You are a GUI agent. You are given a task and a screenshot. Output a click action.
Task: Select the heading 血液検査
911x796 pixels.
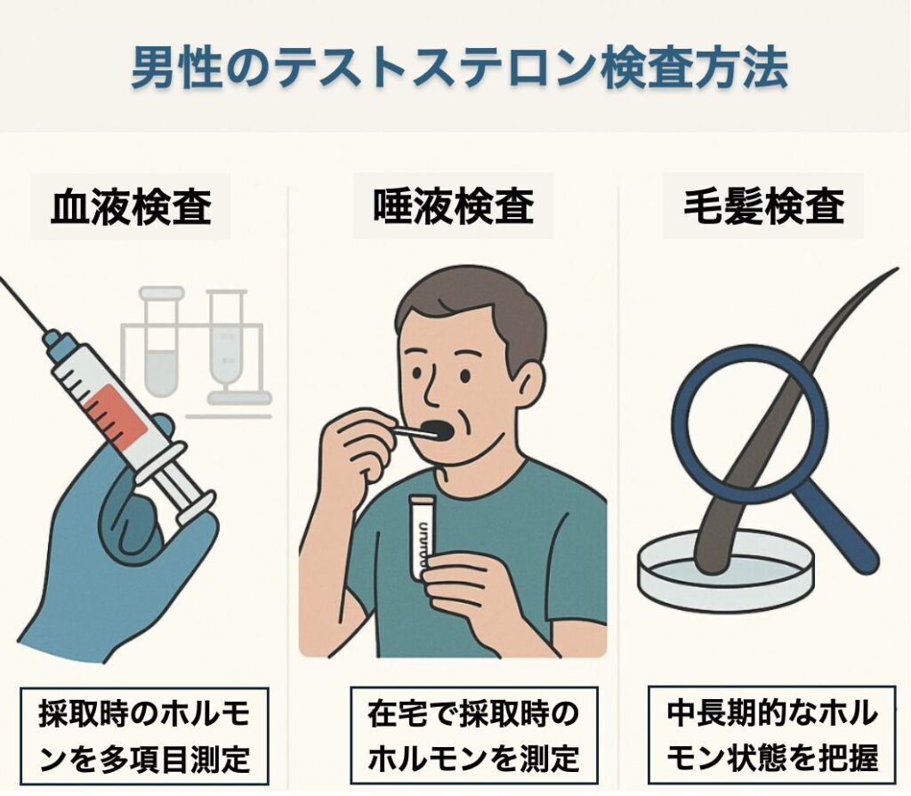[131, 208]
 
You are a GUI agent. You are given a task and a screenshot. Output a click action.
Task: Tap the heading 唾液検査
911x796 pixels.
[454, 208]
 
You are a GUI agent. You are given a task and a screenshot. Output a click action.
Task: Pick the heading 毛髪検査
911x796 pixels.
[764, 208]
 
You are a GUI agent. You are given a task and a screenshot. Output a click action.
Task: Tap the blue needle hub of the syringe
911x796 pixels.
[55, 342]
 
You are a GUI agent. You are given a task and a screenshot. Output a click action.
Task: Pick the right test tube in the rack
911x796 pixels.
[224, 342]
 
